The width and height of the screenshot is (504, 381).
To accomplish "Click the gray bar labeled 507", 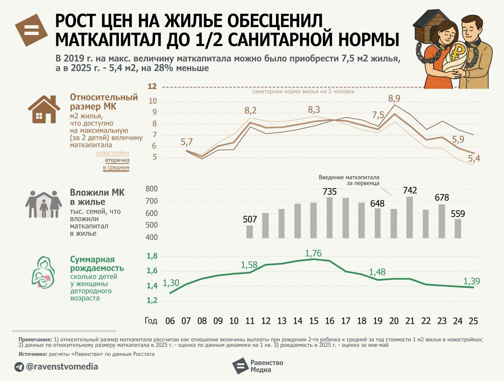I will coord(250,231).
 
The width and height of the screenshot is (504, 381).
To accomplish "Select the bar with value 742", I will coord(409,217).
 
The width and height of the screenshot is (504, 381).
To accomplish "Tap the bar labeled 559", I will coord(458,229).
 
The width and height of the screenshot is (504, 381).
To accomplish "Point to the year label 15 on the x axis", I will coord(313,321).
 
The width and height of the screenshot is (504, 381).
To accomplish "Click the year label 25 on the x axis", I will coord(473,321).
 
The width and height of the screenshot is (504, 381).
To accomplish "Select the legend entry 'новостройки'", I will coord(113,153).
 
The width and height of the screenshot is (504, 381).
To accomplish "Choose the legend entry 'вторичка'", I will coord(117,161).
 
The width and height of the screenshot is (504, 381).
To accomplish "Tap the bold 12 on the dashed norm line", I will coord(152,87).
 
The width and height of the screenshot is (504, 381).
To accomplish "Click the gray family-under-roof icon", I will coord(44,204).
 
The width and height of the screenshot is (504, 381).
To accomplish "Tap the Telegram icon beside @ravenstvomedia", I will coord(19,367).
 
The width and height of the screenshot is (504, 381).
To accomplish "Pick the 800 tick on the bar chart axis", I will coord(151,189).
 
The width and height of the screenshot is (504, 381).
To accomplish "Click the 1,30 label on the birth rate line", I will coord(170,283).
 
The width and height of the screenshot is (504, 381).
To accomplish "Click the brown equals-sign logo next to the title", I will coord(31,30).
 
